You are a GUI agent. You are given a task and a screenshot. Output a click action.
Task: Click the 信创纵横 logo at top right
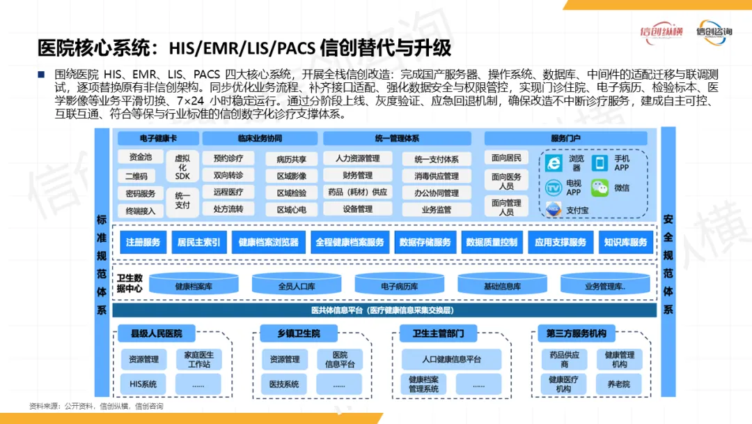[661, 32]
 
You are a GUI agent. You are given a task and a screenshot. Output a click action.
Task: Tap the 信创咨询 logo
[714, 32]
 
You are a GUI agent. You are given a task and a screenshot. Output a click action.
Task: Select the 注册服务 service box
[143, 243]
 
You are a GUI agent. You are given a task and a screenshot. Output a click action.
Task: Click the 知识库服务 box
[626, 243]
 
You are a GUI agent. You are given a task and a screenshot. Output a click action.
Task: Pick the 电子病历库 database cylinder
[400, 286]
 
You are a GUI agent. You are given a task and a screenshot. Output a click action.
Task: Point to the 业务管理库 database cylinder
[605, 286]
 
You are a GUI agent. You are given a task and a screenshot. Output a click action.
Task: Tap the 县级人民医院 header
[156, 334]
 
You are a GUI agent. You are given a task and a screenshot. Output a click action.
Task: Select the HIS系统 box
[143, 384]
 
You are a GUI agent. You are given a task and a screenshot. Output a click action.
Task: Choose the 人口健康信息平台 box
[451, 359]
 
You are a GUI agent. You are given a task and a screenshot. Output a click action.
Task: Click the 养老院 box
[618, 384]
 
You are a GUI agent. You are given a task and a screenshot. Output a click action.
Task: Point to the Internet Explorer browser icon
[554, 163]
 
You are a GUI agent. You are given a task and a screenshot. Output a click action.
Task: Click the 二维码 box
[140, 176]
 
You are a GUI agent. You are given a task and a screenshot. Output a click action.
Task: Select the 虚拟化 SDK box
[182, 167]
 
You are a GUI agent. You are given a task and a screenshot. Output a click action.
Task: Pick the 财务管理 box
[358, 176]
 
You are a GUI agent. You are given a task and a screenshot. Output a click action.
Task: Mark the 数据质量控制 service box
[492, 243]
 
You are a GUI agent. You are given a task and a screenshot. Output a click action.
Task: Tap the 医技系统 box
[284, 384]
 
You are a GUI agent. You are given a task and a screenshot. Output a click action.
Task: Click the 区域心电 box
[291, 209]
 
